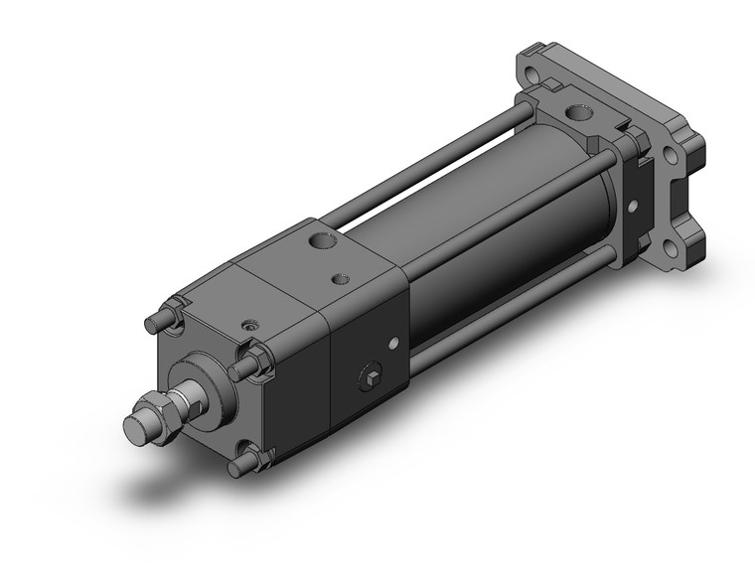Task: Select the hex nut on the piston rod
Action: pos(161,407)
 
